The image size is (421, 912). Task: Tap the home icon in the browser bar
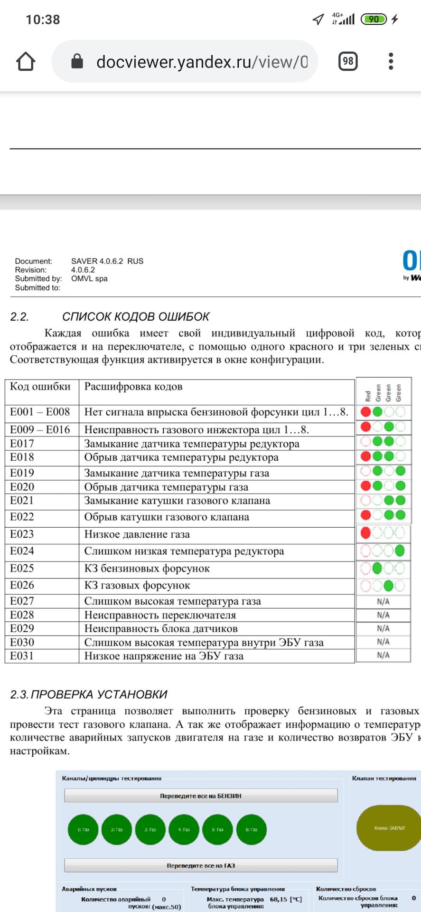(x=26, y=61)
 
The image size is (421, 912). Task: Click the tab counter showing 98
(x=348, y=61)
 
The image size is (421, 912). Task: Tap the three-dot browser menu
(x=391, y=61)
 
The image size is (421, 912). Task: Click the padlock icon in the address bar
(x=77, y=61)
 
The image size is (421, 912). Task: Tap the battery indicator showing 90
(x=374, y=19)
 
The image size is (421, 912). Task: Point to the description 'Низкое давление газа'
(x=137, y=534)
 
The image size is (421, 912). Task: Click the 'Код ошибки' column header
(x=40, y=387)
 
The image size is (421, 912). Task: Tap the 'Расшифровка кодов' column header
(x=133, y=387)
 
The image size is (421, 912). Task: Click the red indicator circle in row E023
(x=365, y=532)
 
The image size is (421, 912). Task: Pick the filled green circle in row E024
(x=400, y=551)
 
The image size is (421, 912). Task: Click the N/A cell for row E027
(x=383, y=602)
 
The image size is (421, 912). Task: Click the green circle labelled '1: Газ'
(x=83, y=829)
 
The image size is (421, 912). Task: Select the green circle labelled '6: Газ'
(x=251, y=829)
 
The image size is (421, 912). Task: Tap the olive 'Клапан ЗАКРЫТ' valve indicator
(x=389, y=828)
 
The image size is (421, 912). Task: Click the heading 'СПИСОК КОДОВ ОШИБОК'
(x=136, y=317)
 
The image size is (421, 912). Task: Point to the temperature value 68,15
(x=279, y=899)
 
